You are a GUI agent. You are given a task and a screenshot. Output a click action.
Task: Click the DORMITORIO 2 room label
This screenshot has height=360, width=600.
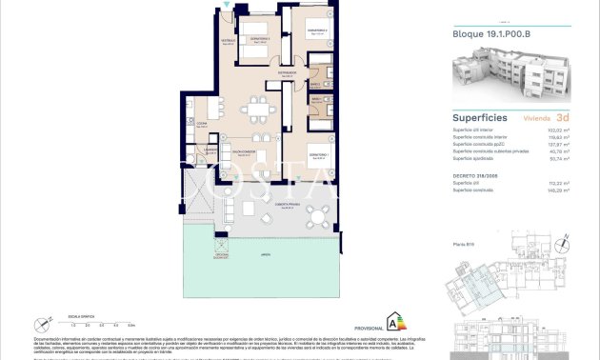317,30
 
